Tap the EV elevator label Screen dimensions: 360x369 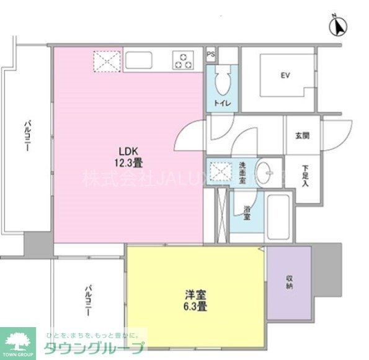pos(285,76)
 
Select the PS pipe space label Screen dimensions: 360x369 pos(211,54)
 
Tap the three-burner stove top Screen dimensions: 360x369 pos(184,61)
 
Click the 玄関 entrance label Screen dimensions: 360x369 pos(302,135)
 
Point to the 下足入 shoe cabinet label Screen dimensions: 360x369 pos(306,175)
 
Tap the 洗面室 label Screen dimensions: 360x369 pos(242,171)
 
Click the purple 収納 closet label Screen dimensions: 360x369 pos(290,282)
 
